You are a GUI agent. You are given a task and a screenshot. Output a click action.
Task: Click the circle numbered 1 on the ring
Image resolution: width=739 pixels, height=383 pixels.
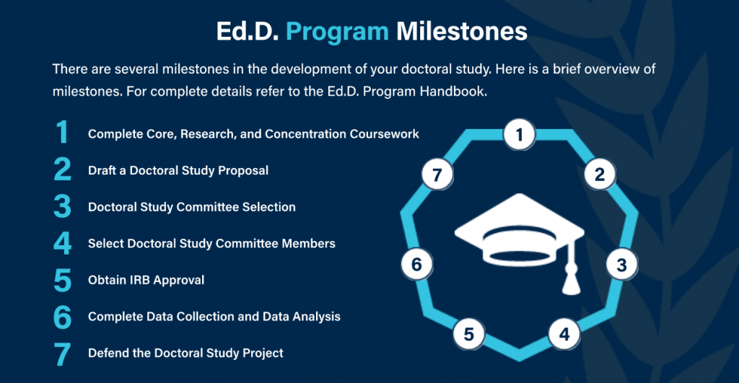tap(519, 135)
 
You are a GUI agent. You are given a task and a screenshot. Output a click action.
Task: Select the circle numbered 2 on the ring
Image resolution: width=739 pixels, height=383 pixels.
tap(599, 174)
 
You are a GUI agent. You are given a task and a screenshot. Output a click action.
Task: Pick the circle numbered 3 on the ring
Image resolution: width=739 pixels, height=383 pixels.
tap(621, 265)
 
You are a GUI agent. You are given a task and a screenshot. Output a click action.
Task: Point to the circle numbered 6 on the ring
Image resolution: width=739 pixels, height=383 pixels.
tap(416, 265)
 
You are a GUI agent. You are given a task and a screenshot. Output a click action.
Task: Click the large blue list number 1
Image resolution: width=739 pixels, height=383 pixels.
tap(63, 133)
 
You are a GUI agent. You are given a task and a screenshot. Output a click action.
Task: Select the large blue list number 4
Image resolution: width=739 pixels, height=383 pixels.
tap(63, 244)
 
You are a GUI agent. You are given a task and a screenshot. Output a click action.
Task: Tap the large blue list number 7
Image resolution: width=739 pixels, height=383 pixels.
tap(63, 353)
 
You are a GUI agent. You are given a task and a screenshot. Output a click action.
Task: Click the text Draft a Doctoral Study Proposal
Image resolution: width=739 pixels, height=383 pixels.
tap(178, 171)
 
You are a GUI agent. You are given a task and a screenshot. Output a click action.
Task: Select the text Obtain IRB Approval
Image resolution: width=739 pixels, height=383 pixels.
tap(146, 280)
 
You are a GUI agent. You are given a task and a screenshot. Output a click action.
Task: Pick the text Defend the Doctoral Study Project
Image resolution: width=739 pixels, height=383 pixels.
tap(185, 353)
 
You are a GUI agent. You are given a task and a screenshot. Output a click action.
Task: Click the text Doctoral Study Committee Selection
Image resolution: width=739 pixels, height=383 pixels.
tap(191, 207)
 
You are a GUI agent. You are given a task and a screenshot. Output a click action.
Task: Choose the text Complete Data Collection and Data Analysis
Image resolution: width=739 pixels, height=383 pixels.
tap(214, 317)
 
